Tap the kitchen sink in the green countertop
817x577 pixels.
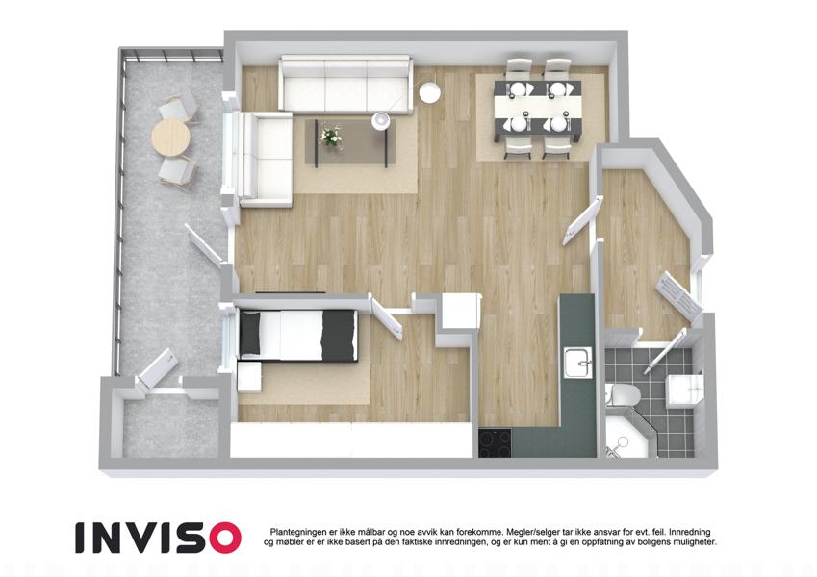click(578, 364)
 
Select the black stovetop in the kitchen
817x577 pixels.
click(495, 442)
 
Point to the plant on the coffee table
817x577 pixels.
click(330, 137)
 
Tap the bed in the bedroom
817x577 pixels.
click(298, 335)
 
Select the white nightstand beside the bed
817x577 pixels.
click(249, 376)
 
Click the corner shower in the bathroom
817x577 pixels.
click(626, 434)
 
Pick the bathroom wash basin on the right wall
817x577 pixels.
click(684, 389)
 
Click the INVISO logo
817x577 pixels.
click(158, 538)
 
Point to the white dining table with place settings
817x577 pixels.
click(538, 107)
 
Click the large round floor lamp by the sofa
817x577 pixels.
click(430, 92)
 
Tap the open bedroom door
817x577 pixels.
click(386, 317)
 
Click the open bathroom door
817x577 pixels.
click(665, 352)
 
